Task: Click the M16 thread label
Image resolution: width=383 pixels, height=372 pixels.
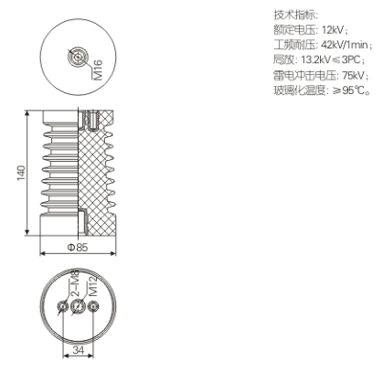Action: point(99,70)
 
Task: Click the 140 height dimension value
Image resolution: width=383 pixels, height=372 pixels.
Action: point(21,173)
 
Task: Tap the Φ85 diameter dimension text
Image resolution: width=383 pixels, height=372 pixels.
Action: point(78,247)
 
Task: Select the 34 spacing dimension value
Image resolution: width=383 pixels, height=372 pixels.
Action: point(79,350)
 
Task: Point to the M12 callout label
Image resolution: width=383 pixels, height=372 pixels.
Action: point(92,285)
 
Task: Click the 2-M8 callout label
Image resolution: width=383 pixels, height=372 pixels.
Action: point(75,283)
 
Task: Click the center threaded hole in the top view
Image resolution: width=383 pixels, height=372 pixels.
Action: point(78,57)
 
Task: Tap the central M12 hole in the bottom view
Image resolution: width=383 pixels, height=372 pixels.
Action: point(78,306)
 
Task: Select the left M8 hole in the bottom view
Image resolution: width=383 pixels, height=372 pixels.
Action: point(62,306)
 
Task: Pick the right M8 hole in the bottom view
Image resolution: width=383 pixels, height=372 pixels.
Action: point(93,306)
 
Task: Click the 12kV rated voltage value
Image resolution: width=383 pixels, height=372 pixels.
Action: point(333,30)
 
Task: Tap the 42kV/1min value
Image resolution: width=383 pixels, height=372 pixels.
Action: point(345,45)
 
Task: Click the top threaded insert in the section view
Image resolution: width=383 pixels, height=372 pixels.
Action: point(90,120)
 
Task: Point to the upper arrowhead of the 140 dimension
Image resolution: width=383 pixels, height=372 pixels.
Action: point(27,113)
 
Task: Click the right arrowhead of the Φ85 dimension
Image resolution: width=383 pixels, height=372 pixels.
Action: point(113,253)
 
